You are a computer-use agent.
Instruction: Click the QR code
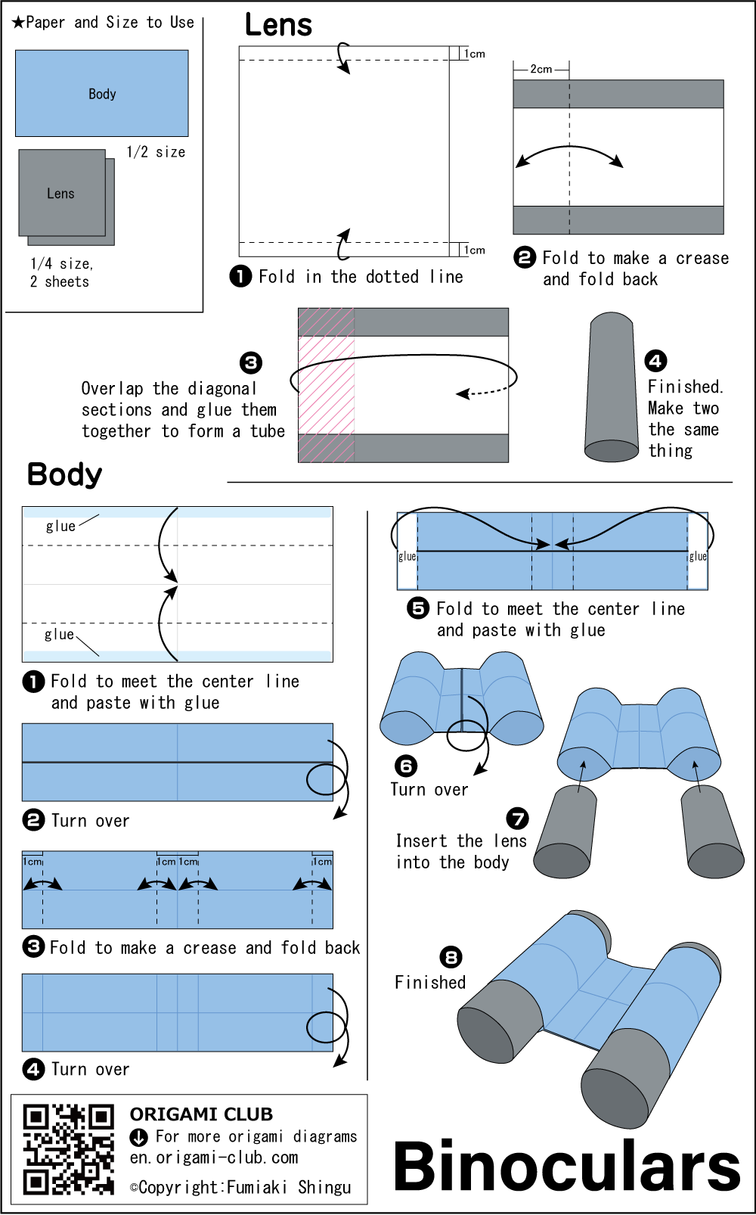click(68, 1149)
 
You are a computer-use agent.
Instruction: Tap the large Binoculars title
click(566, 1166)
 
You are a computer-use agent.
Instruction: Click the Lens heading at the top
click(278, 25)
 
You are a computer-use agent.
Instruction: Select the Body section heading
click(64, 474)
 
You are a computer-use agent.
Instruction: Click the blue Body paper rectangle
click(102, 93)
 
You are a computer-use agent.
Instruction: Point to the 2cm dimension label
click(541, 69)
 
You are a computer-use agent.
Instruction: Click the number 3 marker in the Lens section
click(251, 362)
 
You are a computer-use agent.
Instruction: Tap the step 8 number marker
click(451, 957)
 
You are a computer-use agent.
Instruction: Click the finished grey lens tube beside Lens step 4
click(612, 387)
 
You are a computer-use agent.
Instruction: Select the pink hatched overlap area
click(327, 385)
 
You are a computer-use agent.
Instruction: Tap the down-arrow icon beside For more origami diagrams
click(139, 1137)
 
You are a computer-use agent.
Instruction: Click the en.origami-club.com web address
click(213, 1158)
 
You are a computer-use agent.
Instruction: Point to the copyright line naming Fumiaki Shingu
click(240, 1187)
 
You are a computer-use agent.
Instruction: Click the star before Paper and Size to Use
click(18, 22)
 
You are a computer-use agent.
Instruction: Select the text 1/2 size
click(156, 152)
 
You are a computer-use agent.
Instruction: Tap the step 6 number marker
click(406, 766)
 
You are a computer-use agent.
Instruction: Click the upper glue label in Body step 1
click(60, 526)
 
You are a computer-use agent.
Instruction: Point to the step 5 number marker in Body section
click(418, 608)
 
